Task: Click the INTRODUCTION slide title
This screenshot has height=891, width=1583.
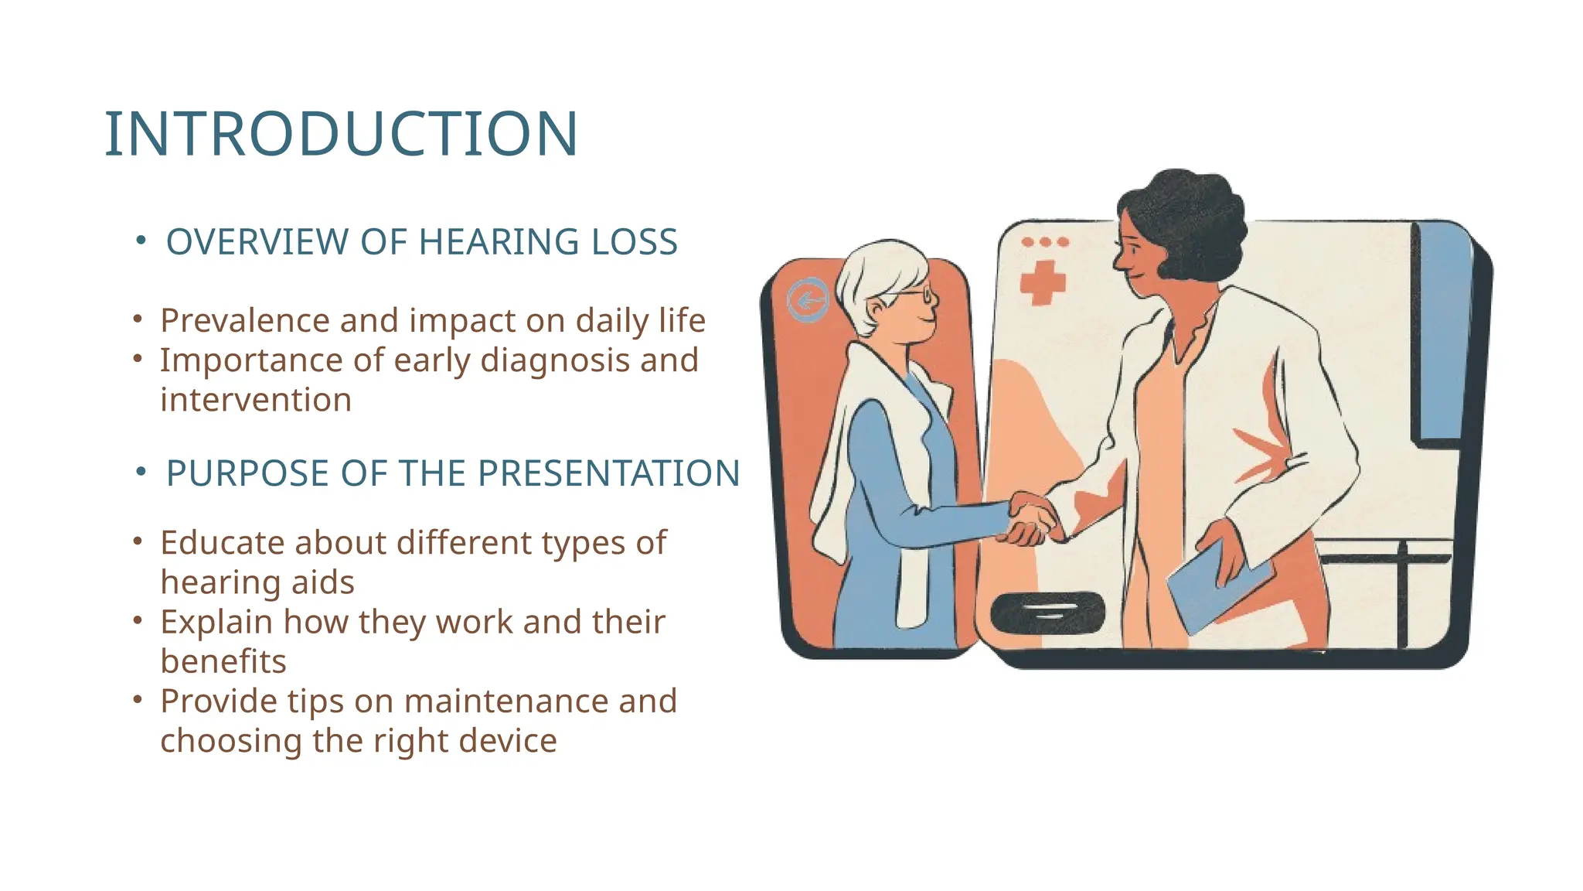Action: coord(341,135)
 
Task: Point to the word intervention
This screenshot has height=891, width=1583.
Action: coord(256,400)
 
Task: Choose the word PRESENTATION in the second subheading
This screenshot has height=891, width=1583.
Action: coord(608,473)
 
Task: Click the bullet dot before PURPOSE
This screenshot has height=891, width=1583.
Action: coord(141,472)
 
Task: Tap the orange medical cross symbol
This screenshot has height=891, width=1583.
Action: coord(1043,282)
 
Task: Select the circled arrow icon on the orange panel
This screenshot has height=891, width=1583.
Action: coord(808,299)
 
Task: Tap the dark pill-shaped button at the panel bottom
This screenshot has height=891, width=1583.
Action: coord(1047,613)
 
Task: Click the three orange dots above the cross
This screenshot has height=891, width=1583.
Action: coord(1045,242)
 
